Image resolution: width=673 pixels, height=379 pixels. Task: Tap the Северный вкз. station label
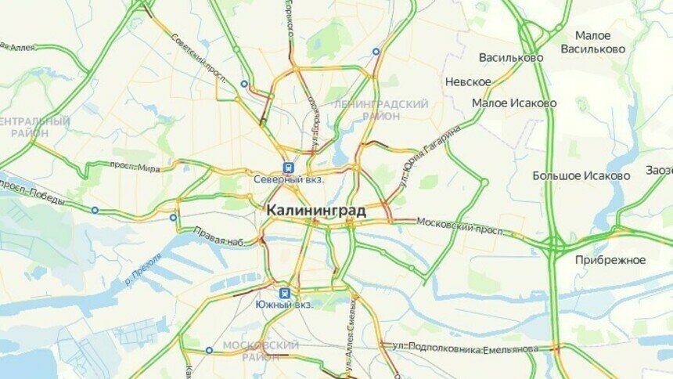pos(289,179)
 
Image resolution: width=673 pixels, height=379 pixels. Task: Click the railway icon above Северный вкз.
pos(288,166)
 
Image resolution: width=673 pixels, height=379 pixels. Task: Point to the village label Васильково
pos(511,58)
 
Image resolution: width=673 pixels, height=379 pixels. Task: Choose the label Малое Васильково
pos(593,42)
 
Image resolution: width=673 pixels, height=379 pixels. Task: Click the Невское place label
pos(468,81)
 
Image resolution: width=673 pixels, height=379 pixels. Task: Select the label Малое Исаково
pos(514,103)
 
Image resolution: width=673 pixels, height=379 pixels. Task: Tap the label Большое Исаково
pos(581,175)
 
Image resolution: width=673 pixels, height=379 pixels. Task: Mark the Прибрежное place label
pos(610,260)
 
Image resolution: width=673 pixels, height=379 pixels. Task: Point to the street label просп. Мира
pos(134,167)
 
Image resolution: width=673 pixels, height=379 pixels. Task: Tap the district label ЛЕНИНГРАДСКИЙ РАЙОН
pos(380,110)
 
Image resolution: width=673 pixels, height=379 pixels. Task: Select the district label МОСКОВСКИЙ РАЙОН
pos(261,350)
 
